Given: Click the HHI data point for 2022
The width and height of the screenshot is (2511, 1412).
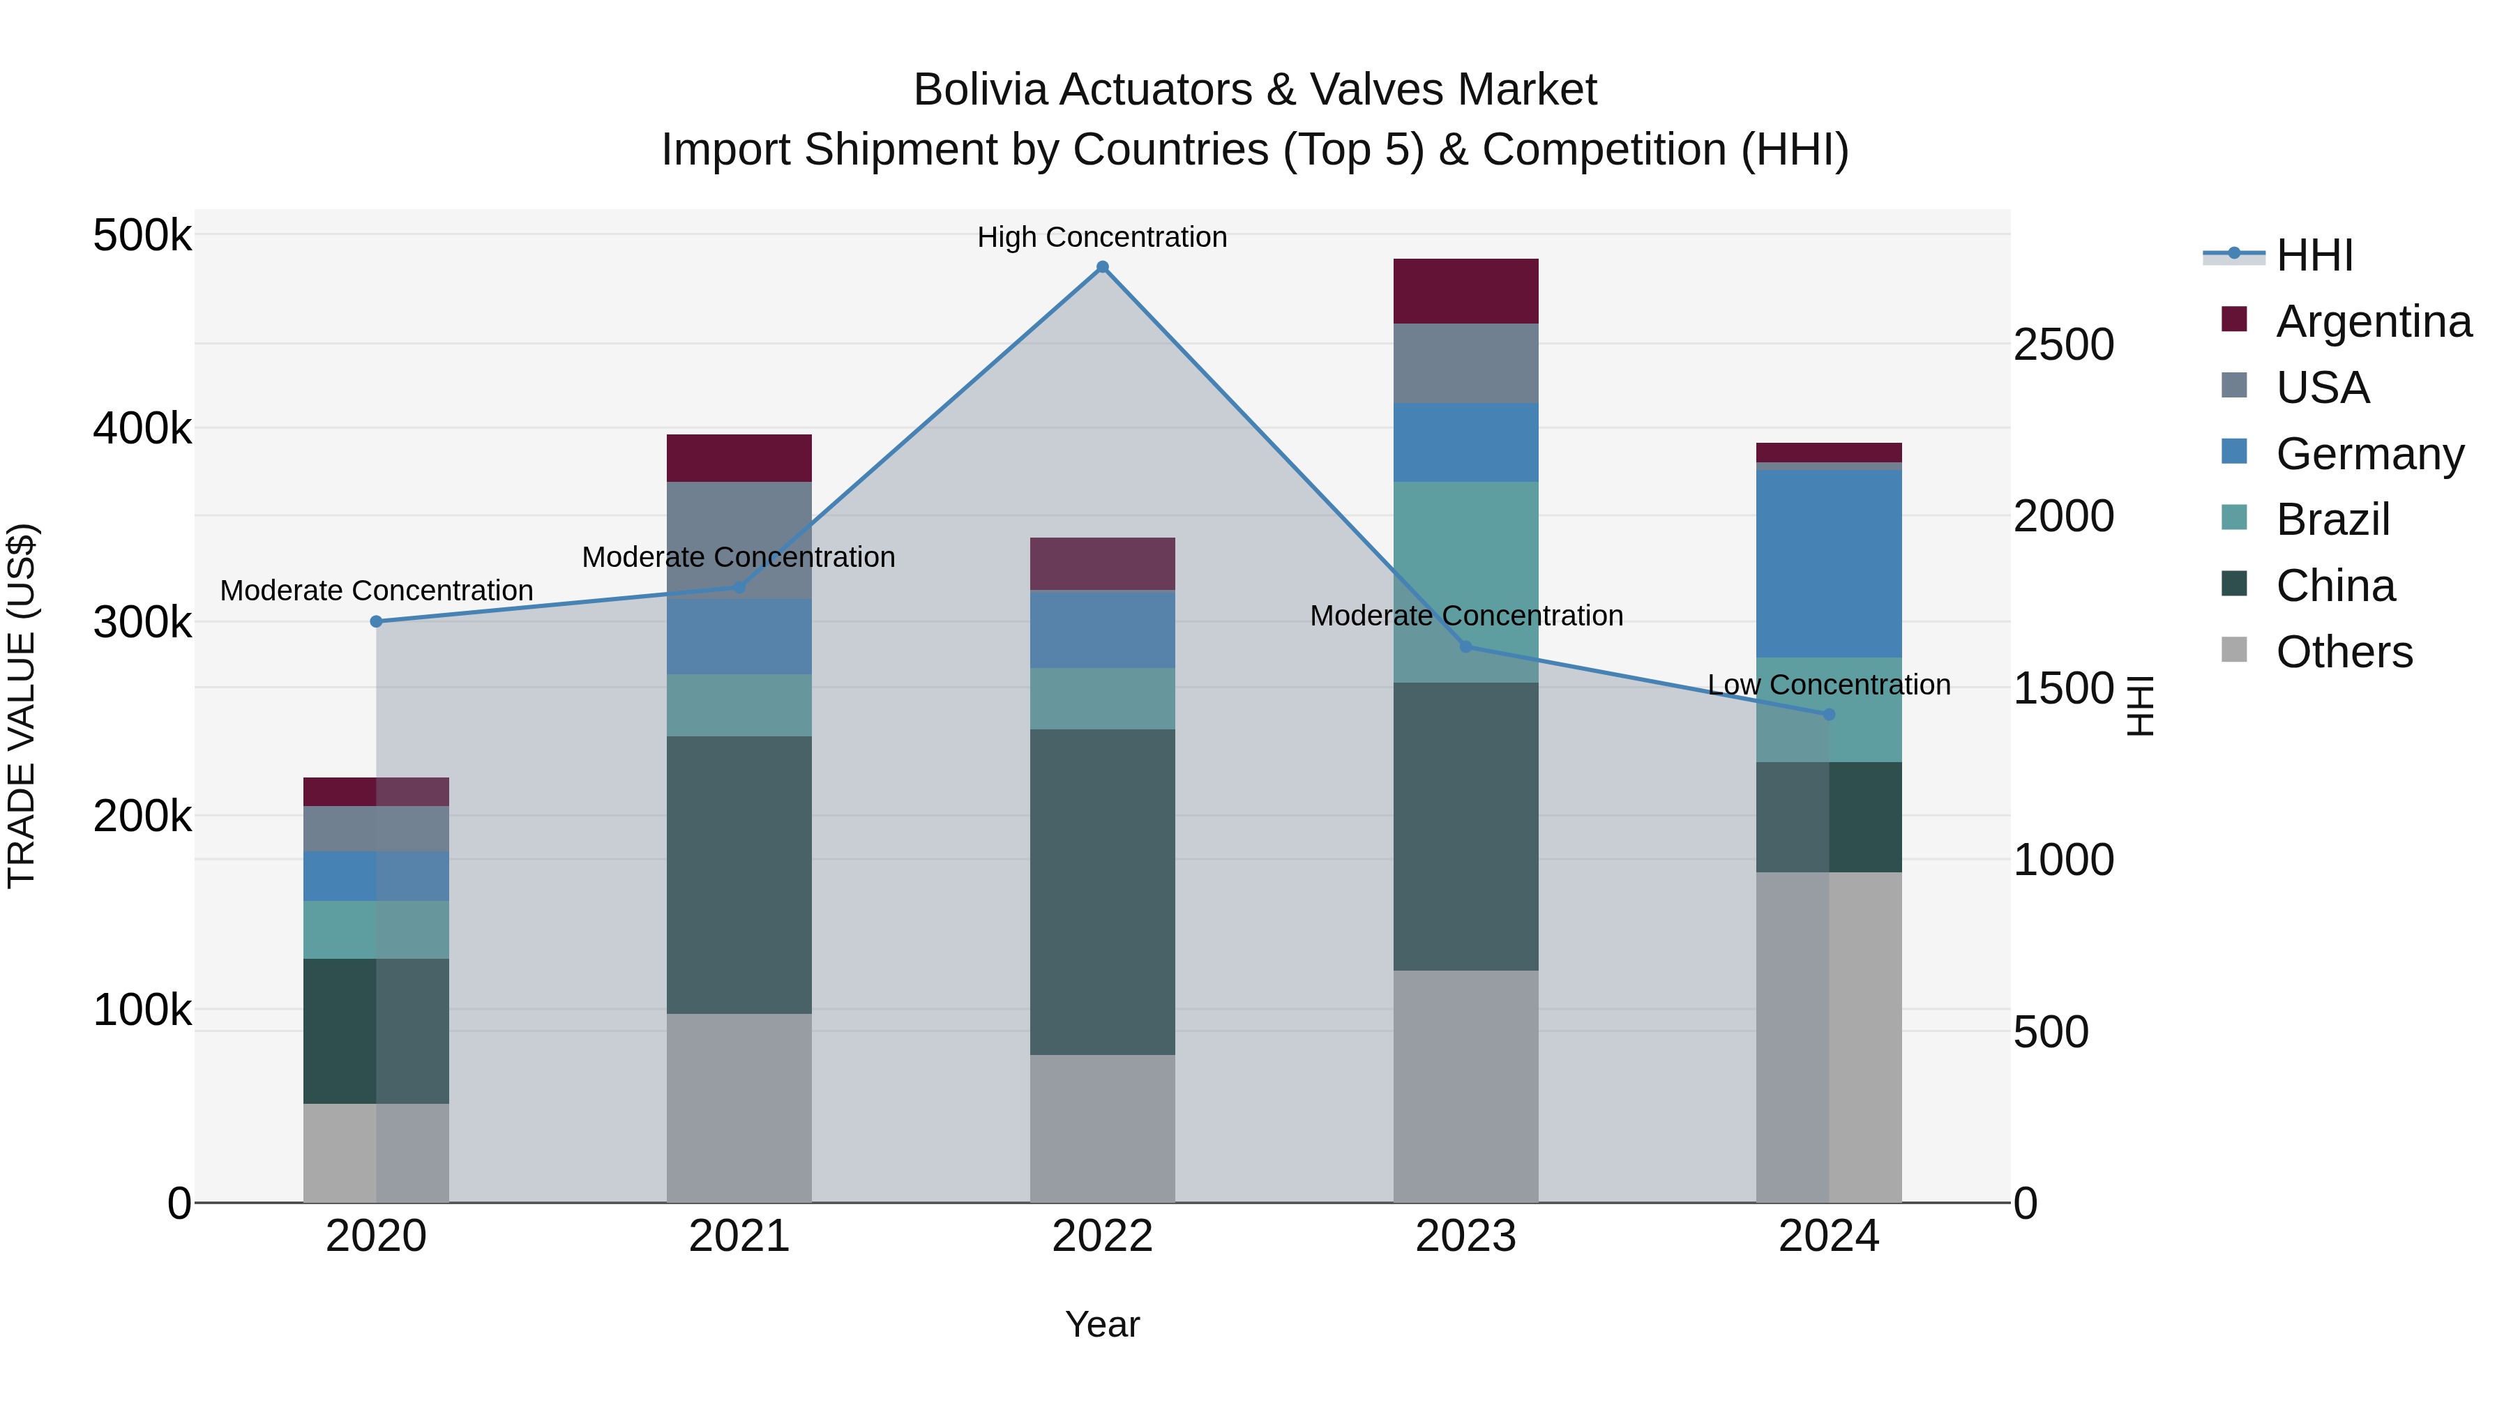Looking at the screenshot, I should point(1103,267).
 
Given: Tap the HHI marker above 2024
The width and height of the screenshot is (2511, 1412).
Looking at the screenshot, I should point(1829,714).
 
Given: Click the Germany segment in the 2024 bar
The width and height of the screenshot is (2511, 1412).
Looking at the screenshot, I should point(1829,563).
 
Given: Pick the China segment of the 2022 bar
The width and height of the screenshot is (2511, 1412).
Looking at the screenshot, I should point(1103,892).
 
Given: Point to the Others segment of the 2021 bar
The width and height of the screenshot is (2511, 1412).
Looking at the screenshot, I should point(739,1108).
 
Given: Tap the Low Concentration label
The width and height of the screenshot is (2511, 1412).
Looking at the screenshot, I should point(1829,685).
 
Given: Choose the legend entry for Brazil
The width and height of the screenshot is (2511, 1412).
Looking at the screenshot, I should point(2332,519).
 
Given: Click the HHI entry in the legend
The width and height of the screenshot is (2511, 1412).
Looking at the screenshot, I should point(2314,255).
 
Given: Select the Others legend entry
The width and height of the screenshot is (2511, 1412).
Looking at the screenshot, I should point(2344,652).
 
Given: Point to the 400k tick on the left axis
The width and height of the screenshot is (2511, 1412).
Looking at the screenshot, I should point(142,428).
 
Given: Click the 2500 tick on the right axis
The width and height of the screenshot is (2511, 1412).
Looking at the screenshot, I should point(2064,345).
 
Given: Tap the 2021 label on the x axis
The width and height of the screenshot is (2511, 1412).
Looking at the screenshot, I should point(739,1236).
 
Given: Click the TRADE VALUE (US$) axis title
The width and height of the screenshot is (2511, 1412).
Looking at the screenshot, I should point(22,706).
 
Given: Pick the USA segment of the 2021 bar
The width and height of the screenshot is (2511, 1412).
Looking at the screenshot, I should point(739,540).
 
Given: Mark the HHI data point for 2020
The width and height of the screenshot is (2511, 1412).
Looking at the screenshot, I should point(376,622).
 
